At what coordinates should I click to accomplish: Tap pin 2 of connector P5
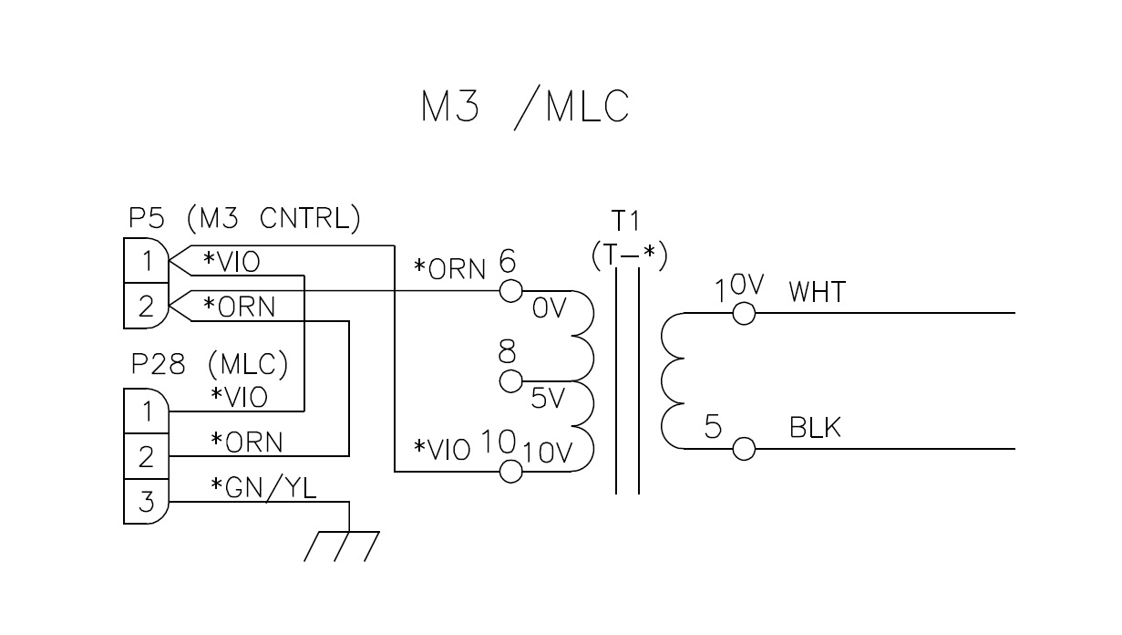(x=145, y=307)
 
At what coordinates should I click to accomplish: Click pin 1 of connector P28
(x=145, y=411)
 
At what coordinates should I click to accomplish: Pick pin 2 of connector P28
(x=145, y=455)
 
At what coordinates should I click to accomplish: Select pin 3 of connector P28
(x=145, y=501)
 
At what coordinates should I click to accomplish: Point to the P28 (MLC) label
(x=210, y=365)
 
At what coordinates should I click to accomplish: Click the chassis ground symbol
(x=342, y=545)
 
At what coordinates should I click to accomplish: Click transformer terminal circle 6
(x=511, y=291)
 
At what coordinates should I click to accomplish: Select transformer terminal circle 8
(x=511, y=380)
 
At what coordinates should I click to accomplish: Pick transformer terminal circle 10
(x=511, y=471)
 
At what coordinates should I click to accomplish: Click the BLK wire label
(x=815, y=428)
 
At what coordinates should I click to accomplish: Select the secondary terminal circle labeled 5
(x=745, y=449)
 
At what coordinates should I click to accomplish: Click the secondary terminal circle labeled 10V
(x=745, y=313)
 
